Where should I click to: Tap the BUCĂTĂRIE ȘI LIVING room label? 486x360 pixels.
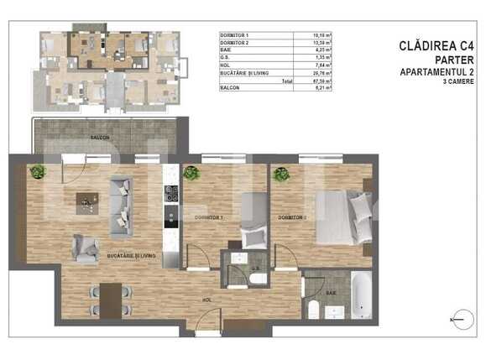tap(132, 253)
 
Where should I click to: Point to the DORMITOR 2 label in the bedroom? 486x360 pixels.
tap(291, 217)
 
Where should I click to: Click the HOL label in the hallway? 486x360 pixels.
tap(206, 298)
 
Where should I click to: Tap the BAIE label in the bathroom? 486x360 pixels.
tap(332, 292)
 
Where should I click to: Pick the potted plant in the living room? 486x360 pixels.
tap(36, 173)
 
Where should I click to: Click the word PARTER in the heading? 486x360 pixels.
tap(451, 61)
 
